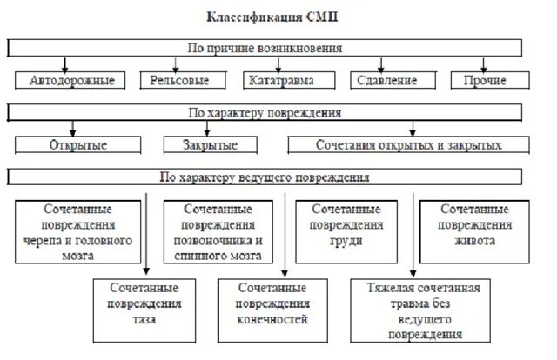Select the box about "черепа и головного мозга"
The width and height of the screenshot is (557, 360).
pos(78,230)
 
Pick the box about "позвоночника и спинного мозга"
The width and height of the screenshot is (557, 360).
pos(219,230)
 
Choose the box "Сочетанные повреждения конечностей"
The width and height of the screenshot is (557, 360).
pos(272,302)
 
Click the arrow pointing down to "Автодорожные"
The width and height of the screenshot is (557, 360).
pos(64,63)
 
